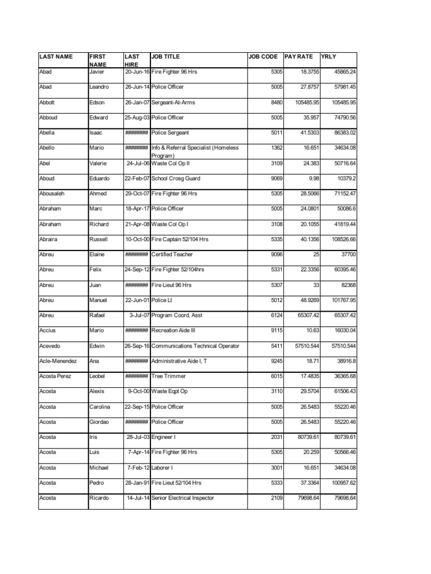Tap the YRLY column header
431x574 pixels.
click(328, 57)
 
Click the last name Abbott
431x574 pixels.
click(48, 103)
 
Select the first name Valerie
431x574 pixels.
click(98, 163)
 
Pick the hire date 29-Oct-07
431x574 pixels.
click(137, 193)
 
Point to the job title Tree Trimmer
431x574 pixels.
click(168, 376)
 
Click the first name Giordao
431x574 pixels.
click(99, 422)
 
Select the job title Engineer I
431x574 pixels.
click(164, 437)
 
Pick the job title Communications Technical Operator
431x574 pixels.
click(195, 346)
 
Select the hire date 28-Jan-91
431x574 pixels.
click(137, 483)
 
